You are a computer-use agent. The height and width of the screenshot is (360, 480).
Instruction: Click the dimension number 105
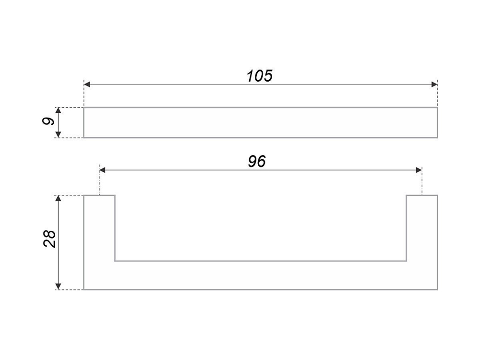pos(259,76)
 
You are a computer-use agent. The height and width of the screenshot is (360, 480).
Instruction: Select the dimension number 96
pos(257,162)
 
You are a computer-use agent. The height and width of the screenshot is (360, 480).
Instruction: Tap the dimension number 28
pos(50,239)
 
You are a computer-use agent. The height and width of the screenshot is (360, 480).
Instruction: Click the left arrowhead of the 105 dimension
pos(87,84)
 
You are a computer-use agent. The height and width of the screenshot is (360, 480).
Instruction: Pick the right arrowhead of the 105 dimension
pos(434,84)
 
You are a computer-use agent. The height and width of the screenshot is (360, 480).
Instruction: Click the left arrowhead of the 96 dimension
pos(102,170)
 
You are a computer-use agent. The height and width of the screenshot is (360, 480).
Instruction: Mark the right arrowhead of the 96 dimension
pos(419,170)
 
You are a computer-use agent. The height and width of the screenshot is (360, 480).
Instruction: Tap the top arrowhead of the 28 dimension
pos(59,199)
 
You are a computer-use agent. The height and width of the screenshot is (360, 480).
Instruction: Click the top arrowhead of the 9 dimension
pos(59,111)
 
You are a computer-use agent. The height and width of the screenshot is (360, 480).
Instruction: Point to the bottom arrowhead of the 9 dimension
pos(59,134)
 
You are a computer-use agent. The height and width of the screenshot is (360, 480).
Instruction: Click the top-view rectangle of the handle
pos(261,122)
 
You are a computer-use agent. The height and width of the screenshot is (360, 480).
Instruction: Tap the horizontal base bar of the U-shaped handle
pos(261,276)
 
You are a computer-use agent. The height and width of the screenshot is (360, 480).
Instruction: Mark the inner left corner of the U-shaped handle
pos(115,261)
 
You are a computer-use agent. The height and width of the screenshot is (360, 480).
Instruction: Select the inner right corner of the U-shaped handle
pos(407,261)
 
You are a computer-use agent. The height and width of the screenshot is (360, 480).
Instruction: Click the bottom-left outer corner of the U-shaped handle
pos(84,290)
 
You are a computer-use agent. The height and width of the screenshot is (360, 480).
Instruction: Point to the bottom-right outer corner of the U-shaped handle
pos(437,290)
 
